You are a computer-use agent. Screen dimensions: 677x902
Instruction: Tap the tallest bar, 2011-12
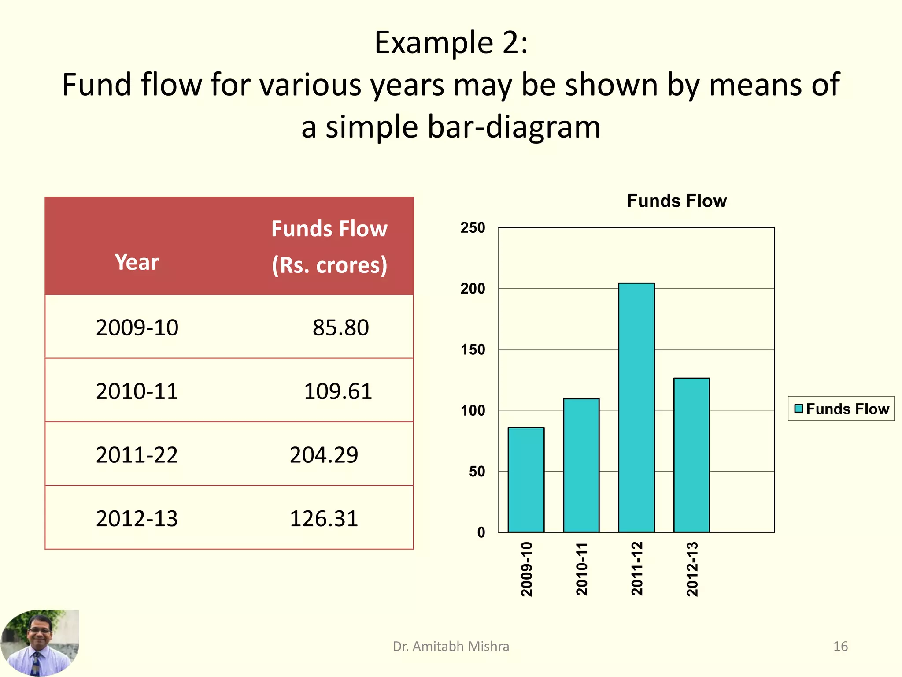click(636, 407)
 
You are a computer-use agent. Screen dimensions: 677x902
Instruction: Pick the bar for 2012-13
click(691, 455)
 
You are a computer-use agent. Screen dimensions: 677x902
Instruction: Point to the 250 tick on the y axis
click(473, 228)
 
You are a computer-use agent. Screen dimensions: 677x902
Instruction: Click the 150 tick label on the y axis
click(473, 350)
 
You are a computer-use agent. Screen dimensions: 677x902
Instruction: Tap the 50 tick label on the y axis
click(477, 472)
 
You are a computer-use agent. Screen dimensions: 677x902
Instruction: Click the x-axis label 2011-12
click(637, 569)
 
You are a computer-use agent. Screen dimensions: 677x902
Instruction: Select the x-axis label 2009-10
click(526, 569)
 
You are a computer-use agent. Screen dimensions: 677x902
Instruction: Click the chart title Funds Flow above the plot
click(676, 201)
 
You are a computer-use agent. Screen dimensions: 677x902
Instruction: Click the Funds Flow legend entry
click(841, 409)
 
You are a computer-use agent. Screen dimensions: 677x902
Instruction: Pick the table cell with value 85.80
click(340, 327)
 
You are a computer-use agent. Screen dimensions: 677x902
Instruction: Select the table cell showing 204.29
click(324, 455)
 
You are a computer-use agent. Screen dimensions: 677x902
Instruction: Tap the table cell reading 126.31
click(324, 518)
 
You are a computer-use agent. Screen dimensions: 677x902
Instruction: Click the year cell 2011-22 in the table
click(137, 455)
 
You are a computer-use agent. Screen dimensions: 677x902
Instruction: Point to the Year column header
click(137, 262)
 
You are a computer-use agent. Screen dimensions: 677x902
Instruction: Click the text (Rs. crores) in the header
click(329, 265)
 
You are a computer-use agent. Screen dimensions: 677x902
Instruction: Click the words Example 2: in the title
click(451, 43)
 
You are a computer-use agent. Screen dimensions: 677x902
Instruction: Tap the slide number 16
click(840, 646)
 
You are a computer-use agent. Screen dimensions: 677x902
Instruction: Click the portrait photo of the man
click(40, 643)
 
